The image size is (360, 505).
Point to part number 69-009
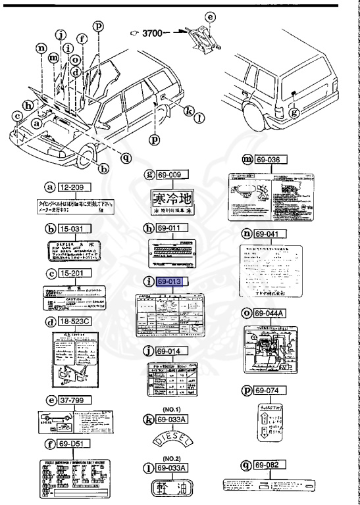coord(172,174)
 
